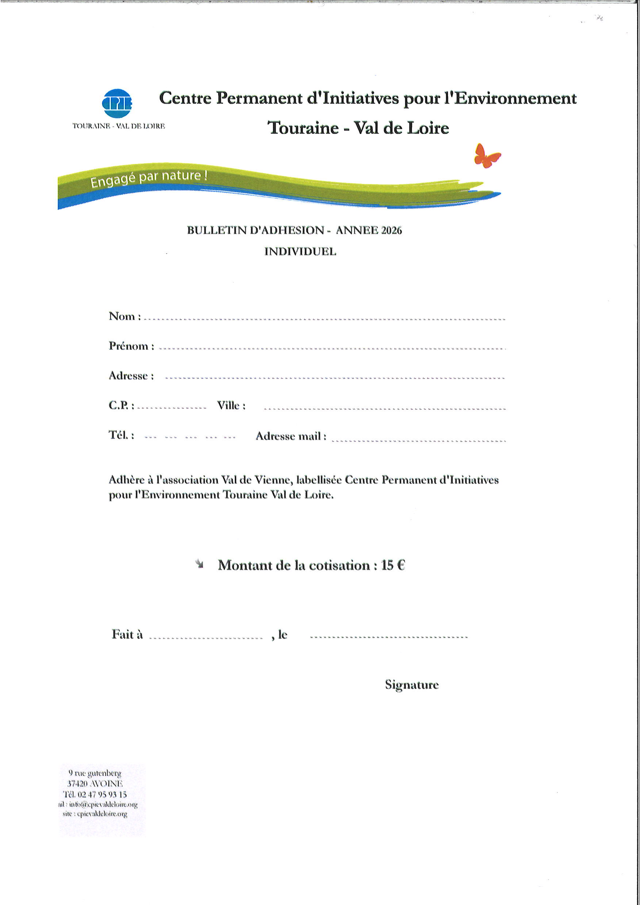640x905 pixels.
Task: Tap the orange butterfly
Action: click(487, 156)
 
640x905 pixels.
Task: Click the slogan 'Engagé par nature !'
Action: click(149, 178)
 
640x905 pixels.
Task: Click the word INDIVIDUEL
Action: click(300, 252)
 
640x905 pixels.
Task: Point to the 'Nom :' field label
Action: click(124, 316)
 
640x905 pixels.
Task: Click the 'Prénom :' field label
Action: click(131, 346)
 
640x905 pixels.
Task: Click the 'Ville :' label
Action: click(231, 405)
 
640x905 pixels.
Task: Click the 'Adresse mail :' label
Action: click(291, 436)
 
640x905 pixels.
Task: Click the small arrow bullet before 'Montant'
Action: click(200, 565)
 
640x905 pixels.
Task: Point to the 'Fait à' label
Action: click(127, 634)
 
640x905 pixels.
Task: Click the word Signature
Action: click(412, 685)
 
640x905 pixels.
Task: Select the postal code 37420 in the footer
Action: click(77, 783)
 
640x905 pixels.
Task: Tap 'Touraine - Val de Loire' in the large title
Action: click(358, 128)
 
